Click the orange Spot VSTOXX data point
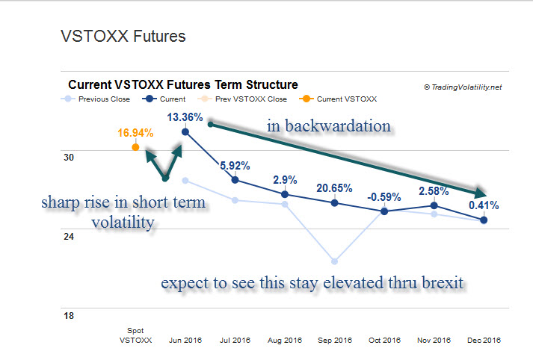(135, 147)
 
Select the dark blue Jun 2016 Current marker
(185, 132)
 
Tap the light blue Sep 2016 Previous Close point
(334, 261)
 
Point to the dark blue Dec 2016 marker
(484, 220)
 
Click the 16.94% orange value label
(135, 133)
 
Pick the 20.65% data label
(334, 187)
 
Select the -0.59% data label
(384, 197)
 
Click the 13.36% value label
(185, 117)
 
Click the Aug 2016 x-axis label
(284, 340)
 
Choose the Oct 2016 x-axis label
(384, 340)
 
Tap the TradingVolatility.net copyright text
(463, 87)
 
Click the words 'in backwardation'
(329, 126)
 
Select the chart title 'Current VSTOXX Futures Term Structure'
(183, 85)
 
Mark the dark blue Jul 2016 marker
(235, 180)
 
